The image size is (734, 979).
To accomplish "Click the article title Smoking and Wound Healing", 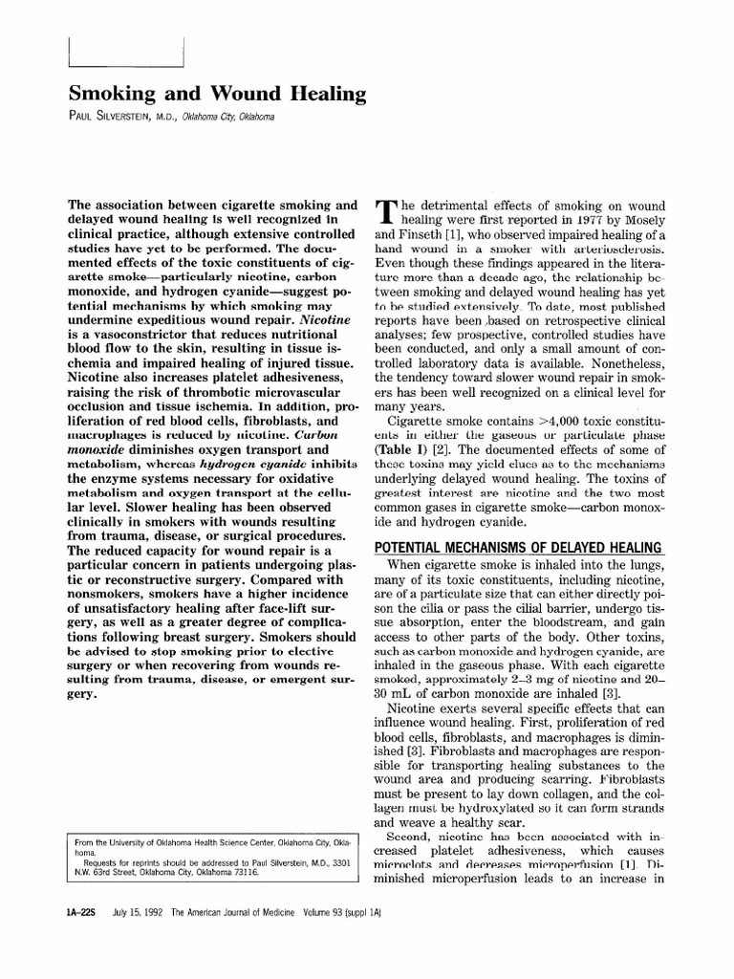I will [x=217, y=94].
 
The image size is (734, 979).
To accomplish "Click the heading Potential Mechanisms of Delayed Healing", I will [x=517, y=547].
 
